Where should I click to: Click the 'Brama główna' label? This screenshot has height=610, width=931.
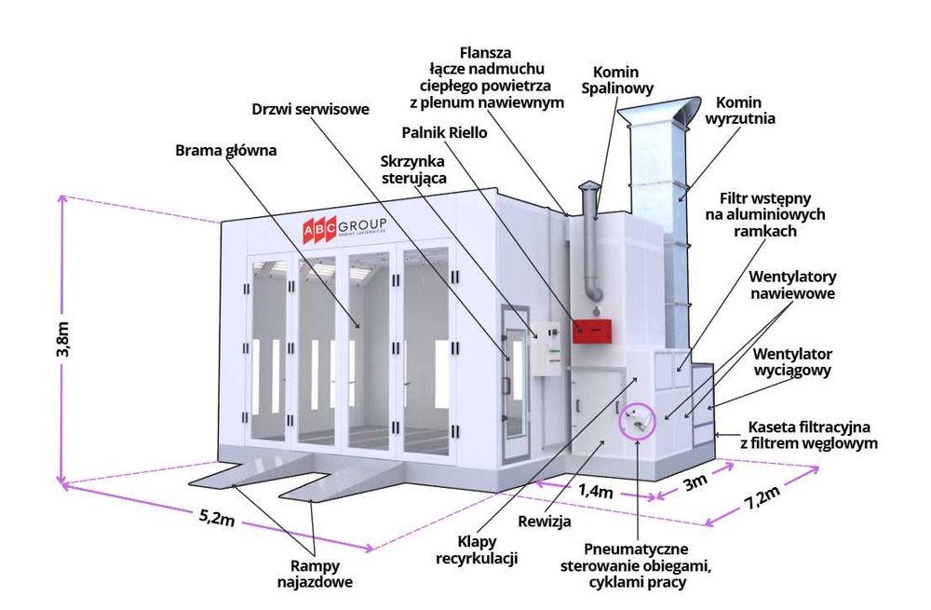(x=226, y=149)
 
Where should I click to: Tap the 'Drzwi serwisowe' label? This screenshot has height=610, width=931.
(x=311, y=107)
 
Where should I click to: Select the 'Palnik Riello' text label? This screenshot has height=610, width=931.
(x=445, y=132)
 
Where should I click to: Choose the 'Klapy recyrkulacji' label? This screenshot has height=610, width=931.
(x=476, y=549)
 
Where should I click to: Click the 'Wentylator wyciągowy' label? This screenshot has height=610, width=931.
(x=792, y=361)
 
